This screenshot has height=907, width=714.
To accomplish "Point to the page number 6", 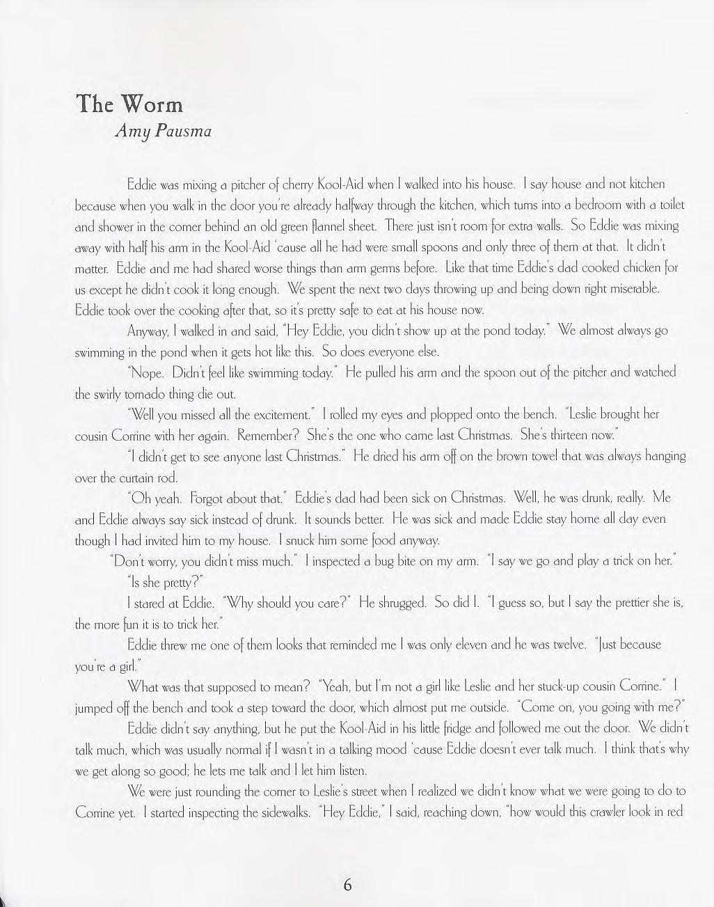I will tap(347, 885).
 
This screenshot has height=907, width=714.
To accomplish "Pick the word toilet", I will tap(669, 205).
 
